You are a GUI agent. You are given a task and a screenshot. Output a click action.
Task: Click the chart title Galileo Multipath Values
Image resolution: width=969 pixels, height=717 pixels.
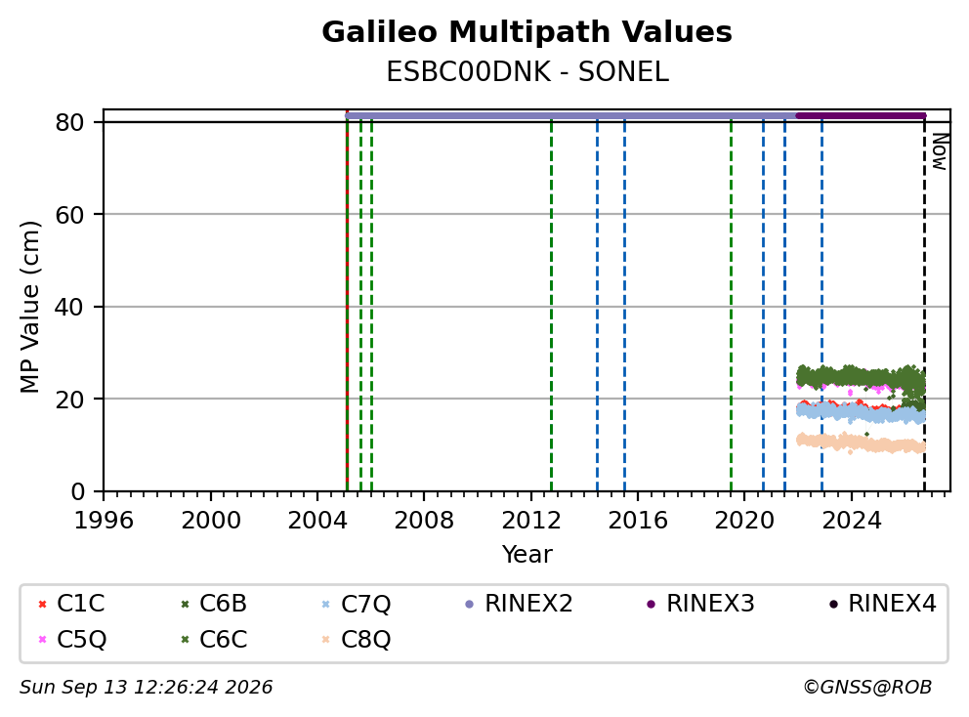click(x=527, y=32)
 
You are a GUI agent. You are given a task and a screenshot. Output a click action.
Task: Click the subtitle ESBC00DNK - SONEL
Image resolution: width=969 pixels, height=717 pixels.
click(x=527, y=72)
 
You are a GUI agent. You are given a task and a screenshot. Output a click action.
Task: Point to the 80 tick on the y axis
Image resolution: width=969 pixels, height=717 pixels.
click(x=69, y=122)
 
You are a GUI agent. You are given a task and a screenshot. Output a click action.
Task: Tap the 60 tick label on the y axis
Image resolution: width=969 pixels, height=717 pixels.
click(x=69, y=215)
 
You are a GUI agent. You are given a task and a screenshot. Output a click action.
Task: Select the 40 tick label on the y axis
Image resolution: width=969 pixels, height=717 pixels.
click(x=69, y=307)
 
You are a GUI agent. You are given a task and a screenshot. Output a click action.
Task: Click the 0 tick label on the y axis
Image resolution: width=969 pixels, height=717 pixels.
click(x=77, y=491)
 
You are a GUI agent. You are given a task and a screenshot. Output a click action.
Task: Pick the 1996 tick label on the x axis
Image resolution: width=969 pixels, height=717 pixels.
click(x=104, y=521)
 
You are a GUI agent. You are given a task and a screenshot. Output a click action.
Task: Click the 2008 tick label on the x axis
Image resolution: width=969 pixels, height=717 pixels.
click(x=424, y=521)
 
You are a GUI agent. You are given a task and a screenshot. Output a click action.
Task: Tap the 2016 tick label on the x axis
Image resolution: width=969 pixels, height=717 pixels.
click(x=638, y=521)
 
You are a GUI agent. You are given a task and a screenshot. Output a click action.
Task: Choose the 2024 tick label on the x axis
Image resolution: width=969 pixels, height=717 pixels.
click(x=852, y=521)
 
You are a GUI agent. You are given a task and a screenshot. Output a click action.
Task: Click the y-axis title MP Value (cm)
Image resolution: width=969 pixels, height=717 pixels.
click(x=29, y=307)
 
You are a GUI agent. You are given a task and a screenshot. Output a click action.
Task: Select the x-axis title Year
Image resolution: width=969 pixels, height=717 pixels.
click(x=527, y=555)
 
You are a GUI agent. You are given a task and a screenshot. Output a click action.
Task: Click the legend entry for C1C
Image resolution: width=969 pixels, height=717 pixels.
click(x=71, y=604)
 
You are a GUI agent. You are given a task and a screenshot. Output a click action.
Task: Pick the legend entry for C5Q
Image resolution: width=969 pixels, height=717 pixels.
click(x=72, y=639)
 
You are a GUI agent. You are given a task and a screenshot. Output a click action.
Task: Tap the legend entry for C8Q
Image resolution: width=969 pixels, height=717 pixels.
click(x=357, y=639)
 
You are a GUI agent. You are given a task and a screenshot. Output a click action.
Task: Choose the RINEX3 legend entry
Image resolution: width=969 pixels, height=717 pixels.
click(x=700, y=604)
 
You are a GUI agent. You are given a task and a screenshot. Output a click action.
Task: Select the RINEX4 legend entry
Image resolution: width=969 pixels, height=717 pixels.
click(x=882, y=604)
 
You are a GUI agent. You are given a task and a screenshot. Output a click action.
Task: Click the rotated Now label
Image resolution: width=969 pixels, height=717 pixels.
click(x=940, y=151)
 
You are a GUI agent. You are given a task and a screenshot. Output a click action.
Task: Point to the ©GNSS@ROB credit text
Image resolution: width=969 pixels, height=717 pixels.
click(x=867, y=688)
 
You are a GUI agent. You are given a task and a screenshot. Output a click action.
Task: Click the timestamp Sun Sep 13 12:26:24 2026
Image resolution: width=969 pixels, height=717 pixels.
click(x=146, y=688)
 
